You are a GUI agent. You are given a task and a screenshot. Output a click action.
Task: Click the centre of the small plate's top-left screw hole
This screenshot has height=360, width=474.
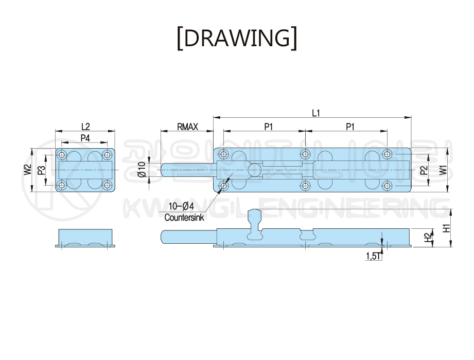pyautogui.click(x=62, y=155)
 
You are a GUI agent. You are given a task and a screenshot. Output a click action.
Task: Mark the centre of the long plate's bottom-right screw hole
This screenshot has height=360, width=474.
pyautogui.click(x=387, y=186)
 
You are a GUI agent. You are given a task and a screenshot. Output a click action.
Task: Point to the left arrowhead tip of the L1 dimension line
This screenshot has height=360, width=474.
pyautogui.click(x=214, y=117)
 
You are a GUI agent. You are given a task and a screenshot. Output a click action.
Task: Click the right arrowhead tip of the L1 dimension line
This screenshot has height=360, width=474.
pyautogui.click(x=411, y=117)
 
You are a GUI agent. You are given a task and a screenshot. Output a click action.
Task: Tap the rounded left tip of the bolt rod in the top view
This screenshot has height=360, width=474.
pyautogui.click(x=161, y=170)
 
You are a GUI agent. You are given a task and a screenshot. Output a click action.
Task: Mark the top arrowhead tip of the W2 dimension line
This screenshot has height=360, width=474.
pyautogui.click(x=32, y=148)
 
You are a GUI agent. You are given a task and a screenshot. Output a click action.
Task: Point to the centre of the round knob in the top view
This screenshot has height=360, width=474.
pyautogui.click(x=255, y=170)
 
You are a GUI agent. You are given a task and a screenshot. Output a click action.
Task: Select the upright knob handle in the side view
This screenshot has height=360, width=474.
pyautogui.click(x=254, y=224)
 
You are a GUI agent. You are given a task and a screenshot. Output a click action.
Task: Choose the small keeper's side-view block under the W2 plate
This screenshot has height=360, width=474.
pyautogui.click(x=85, y=238)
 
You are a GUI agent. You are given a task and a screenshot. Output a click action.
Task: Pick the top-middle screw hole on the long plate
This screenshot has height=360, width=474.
pyautogui.click(x=306, y=154)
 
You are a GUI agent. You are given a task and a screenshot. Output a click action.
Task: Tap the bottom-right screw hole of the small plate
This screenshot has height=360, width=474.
pyautogui.click(x=107, y=185)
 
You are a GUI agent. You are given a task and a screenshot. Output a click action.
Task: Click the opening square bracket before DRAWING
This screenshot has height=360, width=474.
pyautogui.click(x=180, y=39)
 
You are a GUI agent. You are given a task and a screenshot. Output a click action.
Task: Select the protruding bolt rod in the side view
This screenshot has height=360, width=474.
pyautogui.click(x=189, y=237)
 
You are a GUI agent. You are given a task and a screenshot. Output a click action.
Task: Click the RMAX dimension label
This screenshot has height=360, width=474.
pyautogui.click(x=187, y=127)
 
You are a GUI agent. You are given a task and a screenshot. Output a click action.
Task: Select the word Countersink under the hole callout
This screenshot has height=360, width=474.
pyautogui.click(x=184, y=218)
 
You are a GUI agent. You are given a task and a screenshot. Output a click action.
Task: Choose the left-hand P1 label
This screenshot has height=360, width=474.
pyautogui.click(x=269, y=127)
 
